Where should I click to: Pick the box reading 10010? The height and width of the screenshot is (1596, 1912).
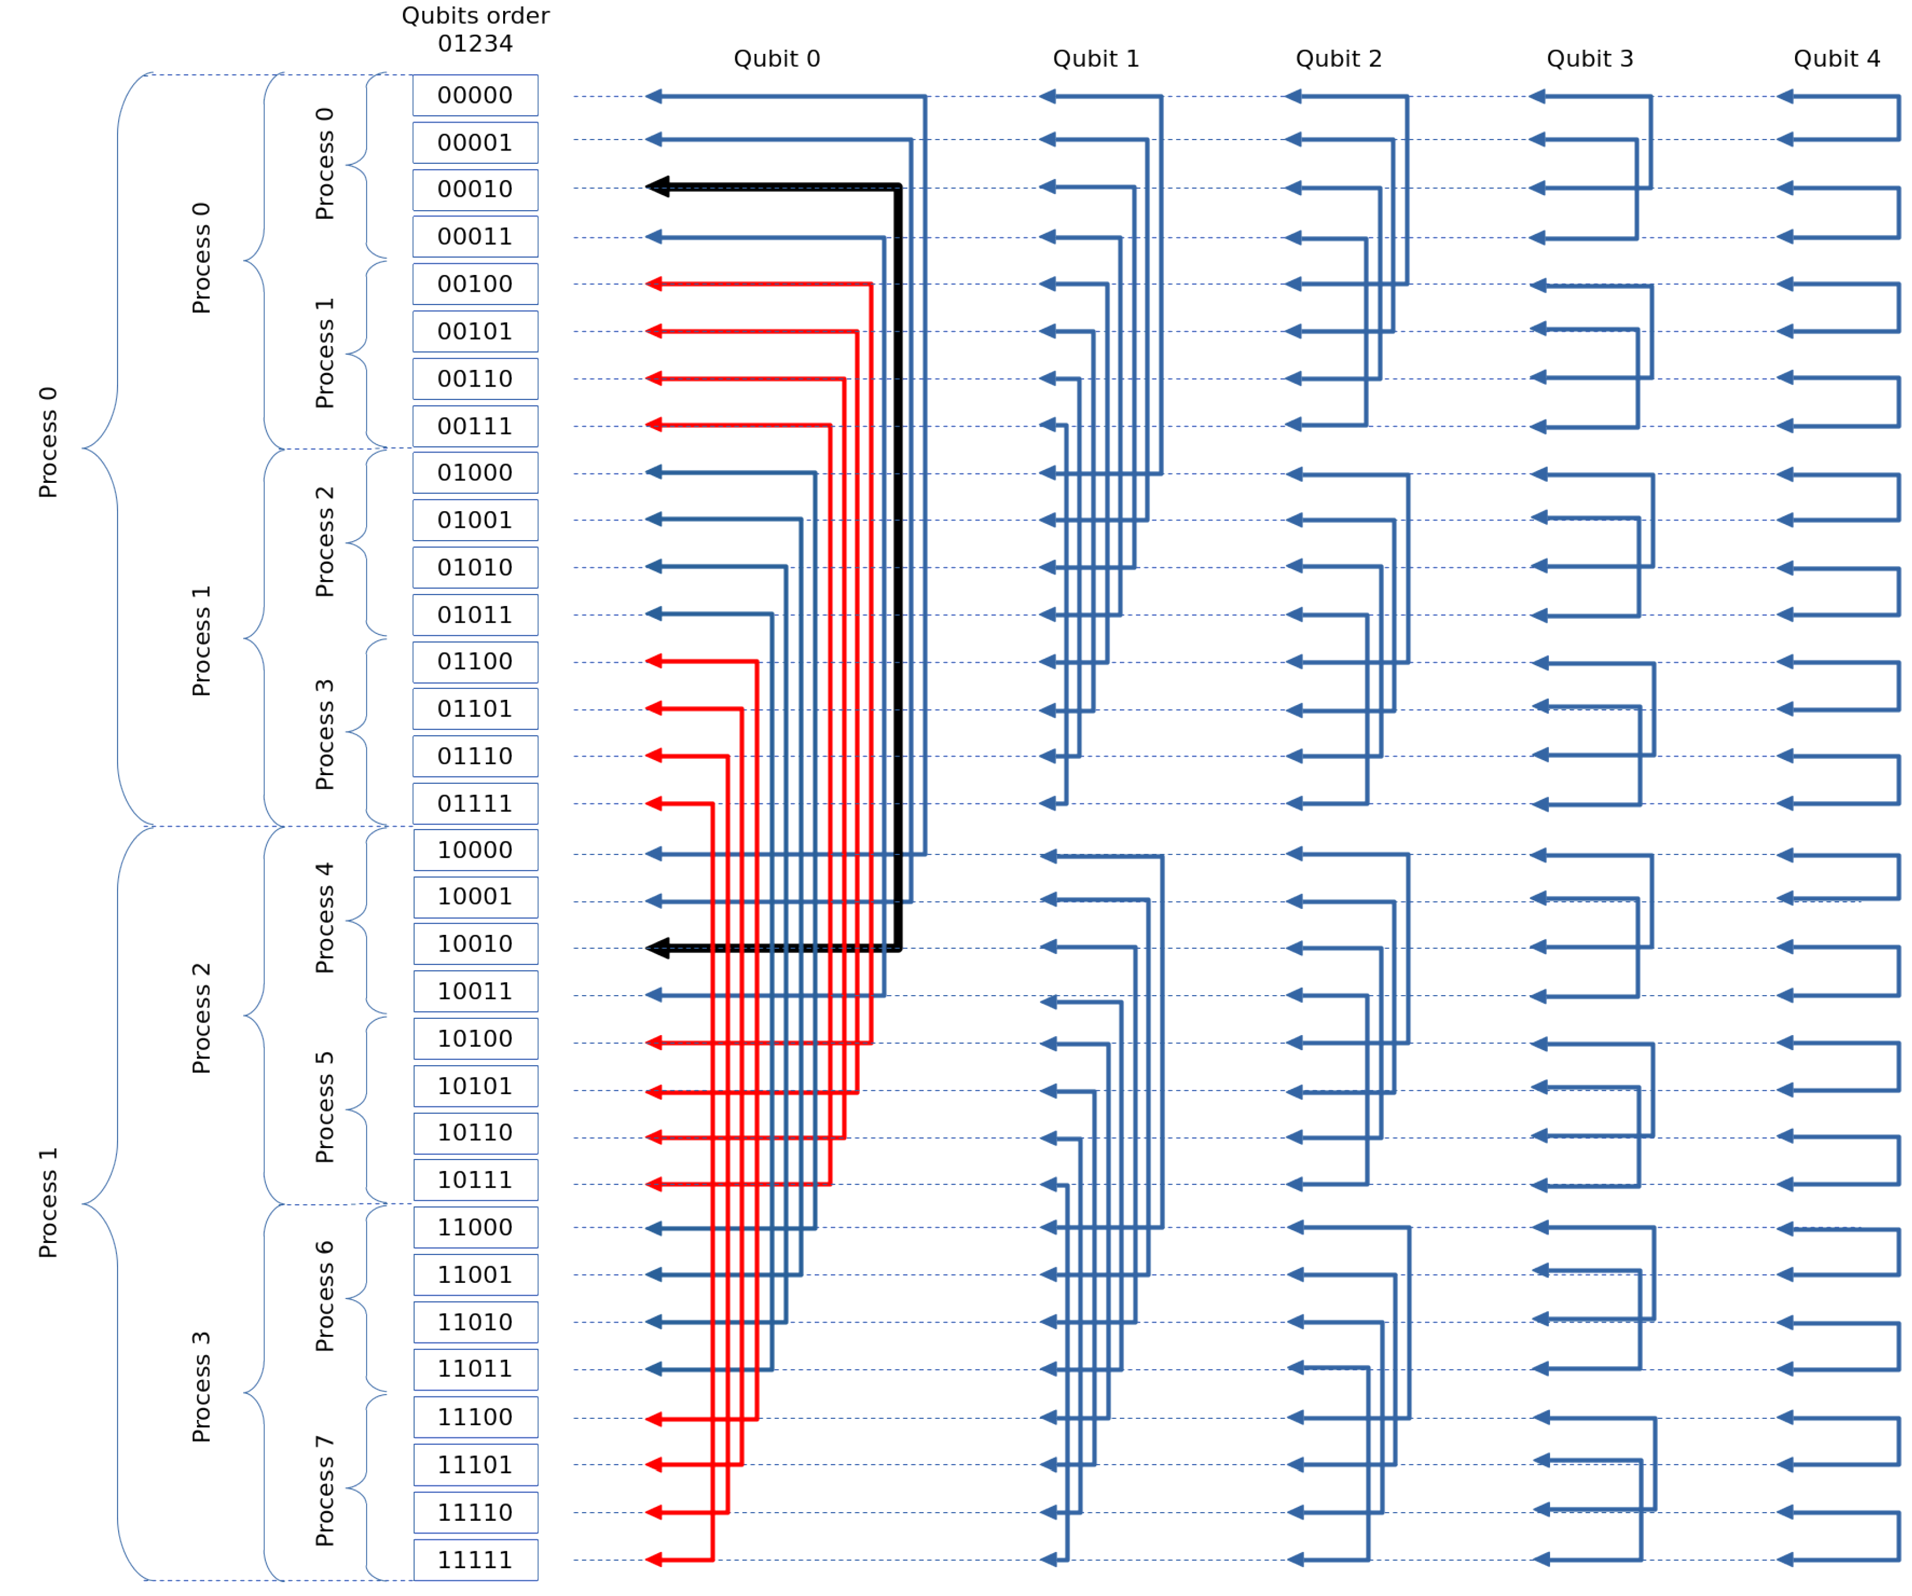point(475,944)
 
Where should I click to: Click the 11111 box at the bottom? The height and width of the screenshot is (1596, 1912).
point(475,1561)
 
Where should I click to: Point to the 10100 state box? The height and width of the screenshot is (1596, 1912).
point(475,1039)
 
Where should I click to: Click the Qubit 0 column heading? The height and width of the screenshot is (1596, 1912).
point(776,59)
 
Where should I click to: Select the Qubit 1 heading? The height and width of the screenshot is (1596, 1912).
point(1096,59)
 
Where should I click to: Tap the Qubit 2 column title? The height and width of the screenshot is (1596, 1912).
point(1338,59)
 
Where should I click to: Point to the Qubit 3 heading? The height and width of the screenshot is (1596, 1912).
point(1589,59)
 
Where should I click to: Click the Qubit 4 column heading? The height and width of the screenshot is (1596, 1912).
point(1836,59)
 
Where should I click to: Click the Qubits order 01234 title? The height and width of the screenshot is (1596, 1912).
point(475,29)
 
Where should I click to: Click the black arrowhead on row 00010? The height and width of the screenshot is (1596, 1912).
point(657,186)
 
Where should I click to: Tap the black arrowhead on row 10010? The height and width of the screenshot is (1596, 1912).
point(657,949)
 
